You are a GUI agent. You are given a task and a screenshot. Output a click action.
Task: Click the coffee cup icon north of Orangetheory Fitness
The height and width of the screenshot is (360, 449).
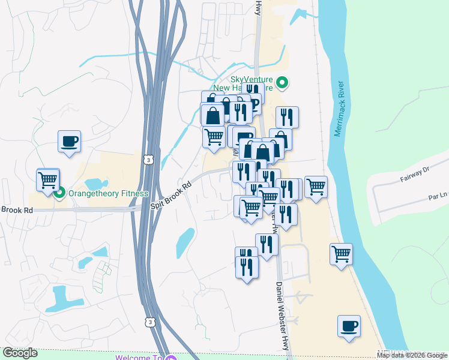click(x=69, y=142)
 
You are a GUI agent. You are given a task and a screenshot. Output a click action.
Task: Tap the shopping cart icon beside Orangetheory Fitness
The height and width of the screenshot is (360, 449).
click(x=48, y=179)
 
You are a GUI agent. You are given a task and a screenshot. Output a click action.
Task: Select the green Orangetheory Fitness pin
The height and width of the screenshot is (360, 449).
click(x=59, y=193)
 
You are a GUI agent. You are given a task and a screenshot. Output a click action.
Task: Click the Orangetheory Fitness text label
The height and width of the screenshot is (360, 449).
click(x=107, y=193)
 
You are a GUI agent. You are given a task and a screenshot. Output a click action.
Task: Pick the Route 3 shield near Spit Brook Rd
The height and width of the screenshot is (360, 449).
click(x=148, y=160)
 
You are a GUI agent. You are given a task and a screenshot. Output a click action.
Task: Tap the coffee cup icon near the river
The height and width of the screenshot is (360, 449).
click(x=349, y=326)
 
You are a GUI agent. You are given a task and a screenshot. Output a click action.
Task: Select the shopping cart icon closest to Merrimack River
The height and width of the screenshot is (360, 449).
click(x=341, y=254)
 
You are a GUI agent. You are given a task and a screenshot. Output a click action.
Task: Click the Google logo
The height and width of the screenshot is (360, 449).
click(x=20, y=353)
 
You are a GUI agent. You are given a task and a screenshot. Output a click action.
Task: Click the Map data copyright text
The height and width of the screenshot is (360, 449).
click(x=412, y=355)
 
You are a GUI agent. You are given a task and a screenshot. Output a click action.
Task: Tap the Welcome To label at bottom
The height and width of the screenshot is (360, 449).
click(x=139, y=358)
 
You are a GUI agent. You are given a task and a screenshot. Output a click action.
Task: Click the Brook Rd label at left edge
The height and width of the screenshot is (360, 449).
click(x=17, y=210)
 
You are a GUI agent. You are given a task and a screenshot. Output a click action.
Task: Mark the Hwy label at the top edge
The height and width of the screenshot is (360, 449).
click(x=259, y=7)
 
